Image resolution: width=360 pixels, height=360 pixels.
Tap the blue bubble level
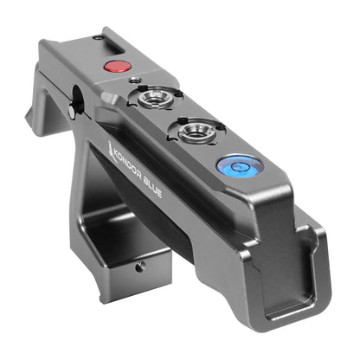[235, 166]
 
